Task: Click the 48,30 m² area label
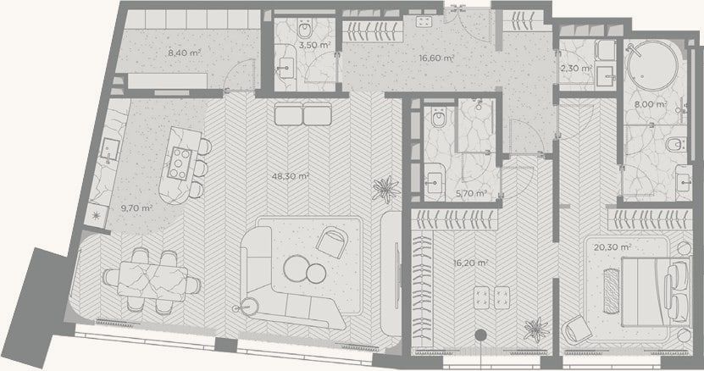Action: (290, 176)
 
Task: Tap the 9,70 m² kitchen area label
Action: (137, 208)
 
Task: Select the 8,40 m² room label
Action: (184, 53)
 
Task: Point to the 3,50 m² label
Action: (315, 45)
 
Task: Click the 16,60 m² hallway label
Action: (436, 58)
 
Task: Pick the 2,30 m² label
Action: (576, 69)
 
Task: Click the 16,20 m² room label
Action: (470, 263)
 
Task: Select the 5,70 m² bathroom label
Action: (471, 194)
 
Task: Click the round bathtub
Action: (652, 66)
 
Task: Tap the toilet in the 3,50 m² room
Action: (305, 30)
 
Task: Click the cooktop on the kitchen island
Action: (180, 163)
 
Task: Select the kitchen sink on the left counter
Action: (109, 150)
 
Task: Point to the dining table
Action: (152, 280)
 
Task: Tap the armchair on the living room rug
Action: (332, 242)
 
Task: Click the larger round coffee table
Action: (297, 269)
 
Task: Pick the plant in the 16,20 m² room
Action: (536, 330)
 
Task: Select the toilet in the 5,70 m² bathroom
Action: (438, 117)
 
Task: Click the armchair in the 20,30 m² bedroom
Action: (579, 329)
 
